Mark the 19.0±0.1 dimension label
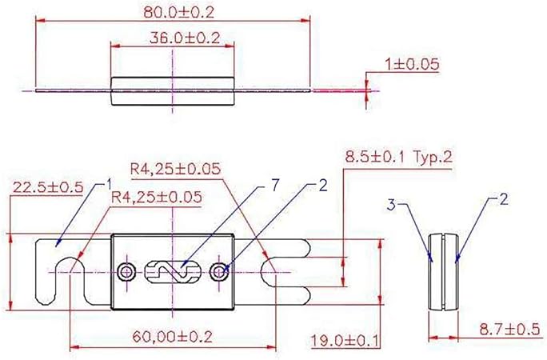click(x=344, y=340)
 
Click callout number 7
click(x=274, y=186)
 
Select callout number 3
click(x=393, y=205)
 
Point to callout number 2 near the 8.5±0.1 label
click(x=323, y=186)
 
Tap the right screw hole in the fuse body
click(x=221, y=272)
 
